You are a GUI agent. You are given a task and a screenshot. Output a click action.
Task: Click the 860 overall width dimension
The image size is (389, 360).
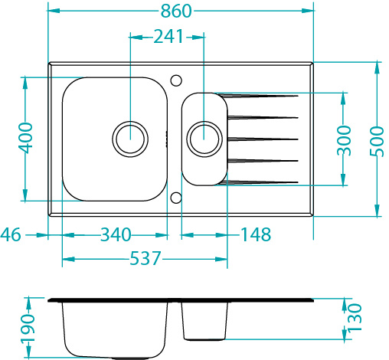point(176,11)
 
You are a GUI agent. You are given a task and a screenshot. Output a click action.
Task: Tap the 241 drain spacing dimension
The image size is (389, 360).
point(168,37)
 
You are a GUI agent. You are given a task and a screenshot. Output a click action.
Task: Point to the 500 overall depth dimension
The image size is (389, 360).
point(377,141)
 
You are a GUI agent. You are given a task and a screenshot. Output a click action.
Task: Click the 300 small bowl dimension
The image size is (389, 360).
point(344,141)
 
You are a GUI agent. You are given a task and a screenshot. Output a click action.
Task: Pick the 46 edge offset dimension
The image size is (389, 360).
point(11,234)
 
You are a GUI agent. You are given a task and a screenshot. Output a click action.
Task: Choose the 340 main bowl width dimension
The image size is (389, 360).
point(116,234)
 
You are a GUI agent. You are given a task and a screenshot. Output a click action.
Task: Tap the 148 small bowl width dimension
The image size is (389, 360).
point(256,234)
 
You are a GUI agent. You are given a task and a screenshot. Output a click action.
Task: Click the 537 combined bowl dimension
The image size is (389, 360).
point(145,258)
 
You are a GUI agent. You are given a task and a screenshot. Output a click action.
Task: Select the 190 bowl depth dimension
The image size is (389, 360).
point(28,329)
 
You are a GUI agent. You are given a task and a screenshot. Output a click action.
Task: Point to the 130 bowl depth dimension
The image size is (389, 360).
point(355,317)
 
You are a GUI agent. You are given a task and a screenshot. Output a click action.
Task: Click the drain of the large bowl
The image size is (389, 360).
point(130,139)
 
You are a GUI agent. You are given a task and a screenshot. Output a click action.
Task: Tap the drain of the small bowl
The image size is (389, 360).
point(204,139)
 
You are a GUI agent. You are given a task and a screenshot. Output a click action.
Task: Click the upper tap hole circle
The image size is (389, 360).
point(176,80)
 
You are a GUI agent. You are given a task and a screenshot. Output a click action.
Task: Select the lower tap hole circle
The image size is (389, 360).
point(176,198)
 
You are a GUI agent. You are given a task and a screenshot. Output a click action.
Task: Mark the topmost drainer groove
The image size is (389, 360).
point(259,96)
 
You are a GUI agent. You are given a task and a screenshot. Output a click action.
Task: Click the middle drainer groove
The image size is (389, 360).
point(263,139)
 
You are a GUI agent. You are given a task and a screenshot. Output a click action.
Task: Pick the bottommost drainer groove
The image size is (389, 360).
point(259,182)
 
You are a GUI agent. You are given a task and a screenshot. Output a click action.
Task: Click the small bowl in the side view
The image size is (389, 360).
point(204,321)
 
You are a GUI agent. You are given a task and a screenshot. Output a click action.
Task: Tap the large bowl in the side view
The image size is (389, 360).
point(115,329)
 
